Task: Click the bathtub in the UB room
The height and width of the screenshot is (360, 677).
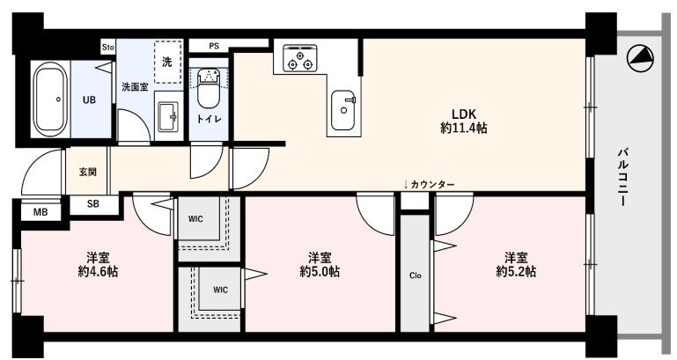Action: (50, 99)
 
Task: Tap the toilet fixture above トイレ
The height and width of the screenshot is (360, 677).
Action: (209, 88)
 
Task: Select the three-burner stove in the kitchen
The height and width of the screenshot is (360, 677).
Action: (299, 58)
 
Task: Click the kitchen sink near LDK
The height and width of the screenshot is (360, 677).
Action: (343, 110)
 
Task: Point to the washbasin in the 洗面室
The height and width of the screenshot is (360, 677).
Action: (166, 116)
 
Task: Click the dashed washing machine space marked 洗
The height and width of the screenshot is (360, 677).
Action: (167, 62)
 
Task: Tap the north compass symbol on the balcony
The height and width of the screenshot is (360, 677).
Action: (639, 58)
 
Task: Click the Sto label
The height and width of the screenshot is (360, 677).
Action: (108, 47)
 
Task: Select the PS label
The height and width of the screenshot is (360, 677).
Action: (214, 46)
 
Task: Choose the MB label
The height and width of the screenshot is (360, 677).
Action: (40, 212)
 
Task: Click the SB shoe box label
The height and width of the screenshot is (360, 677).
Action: (92, 203)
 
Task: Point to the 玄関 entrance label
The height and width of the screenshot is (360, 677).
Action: (88, 172)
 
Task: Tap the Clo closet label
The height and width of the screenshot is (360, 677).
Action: (415, 276)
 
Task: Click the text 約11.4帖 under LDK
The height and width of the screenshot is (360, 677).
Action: (464, 128)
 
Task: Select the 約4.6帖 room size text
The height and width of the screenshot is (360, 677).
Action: (98, 271)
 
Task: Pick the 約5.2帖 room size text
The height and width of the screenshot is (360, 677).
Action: (516, 271)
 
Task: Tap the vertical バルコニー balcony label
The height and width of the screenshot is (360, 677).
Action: (622, 177)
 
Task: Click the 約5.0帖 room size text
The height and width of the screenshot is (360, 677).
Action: (320, 271)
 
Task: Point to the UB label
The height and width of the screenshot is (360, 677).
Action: (90, 99)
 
